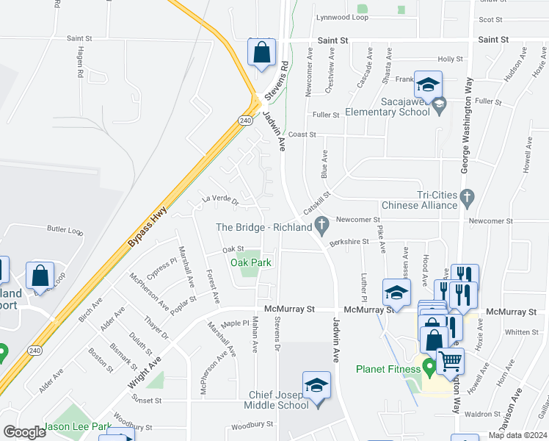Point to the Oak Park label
coord(251,262)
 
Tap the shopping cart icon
coord(449,361)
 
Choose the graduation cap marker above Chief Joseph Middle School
coord(316,386)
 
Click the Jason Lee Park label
coord(76,426)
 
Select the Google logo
coord(24,431)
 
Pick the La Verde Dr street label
coord(220,199)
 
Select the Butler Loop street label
coord(66,229)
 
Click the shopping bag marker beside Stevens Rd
coord(261,52)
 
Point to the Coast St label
coord(301,135)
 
